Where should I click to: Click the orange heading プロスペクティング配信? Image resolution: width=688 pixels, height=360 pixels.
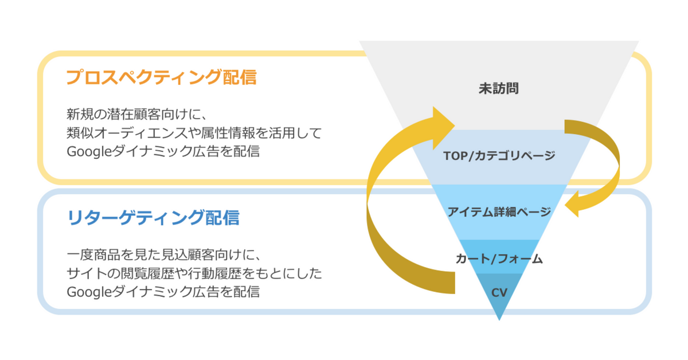pyautogui.click(x=161, y=77)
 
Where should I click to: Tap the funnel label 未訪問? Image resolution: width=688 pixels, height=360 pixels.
pyautogui.click(x=499, y=89)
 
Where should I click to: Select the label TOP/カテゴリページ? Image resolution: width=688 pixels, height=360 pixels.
pyautogui.click(x=499, y=155)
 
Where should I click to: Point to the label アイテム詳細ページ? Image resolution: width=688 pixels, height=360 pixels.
pyautogui.click(x=499, y=212)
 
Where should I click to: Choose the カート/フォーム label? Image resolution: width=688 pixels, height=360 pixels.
pyautogui.click(x=499, y=259)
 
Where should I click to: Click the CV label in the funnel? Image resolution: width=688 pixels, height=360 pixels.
pyautogui.click(x=499, y=292)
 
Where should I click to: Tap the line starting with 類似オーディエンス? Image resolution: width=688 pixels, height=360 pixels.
pyautogui.click(x=194, y=132)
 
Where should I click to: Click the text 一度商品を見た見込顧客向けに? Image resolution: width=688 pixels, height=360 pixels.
pyautogui.click(x=164, y=253)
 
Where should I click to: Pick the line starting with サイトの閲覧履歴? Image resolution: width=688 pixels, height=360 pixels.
pyautogui.click(x=194, y=272)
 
